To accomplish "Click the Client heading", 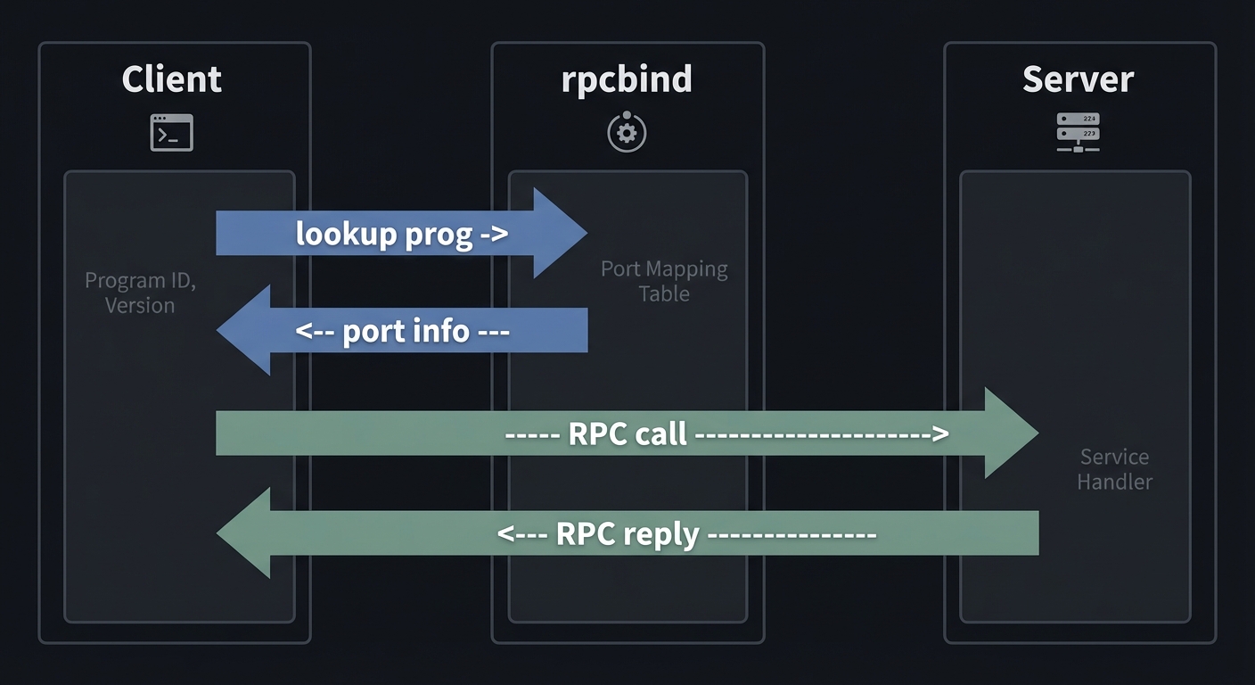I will (171, 79).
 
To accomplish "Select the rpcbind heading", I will (627, 79).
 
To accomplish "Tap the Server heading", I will (1078, 79).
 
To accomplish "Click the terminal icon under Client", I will (171, 133).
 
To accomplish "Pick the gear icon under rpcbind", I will (627, 133).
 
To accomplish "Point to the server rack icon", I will (1078, 132).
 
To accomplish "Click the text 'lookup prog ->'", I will (401, 234).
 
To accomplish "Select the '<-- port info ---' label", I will (401, 331).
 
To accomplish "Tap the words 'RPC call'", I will (627, 434).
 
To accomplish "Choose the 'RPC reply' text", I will (627, 533).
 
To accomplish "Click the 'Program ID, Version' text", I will (140, 293).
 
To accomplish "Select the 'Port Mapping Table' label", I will (664, 281).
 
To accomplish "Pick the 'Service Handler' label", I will (1114, 469).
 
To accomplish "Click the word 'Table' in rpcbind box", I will (664, 293).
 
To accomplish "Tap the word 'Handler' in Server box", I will (1114, 482).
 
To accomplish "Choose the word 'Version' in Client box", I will (140, 305).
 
